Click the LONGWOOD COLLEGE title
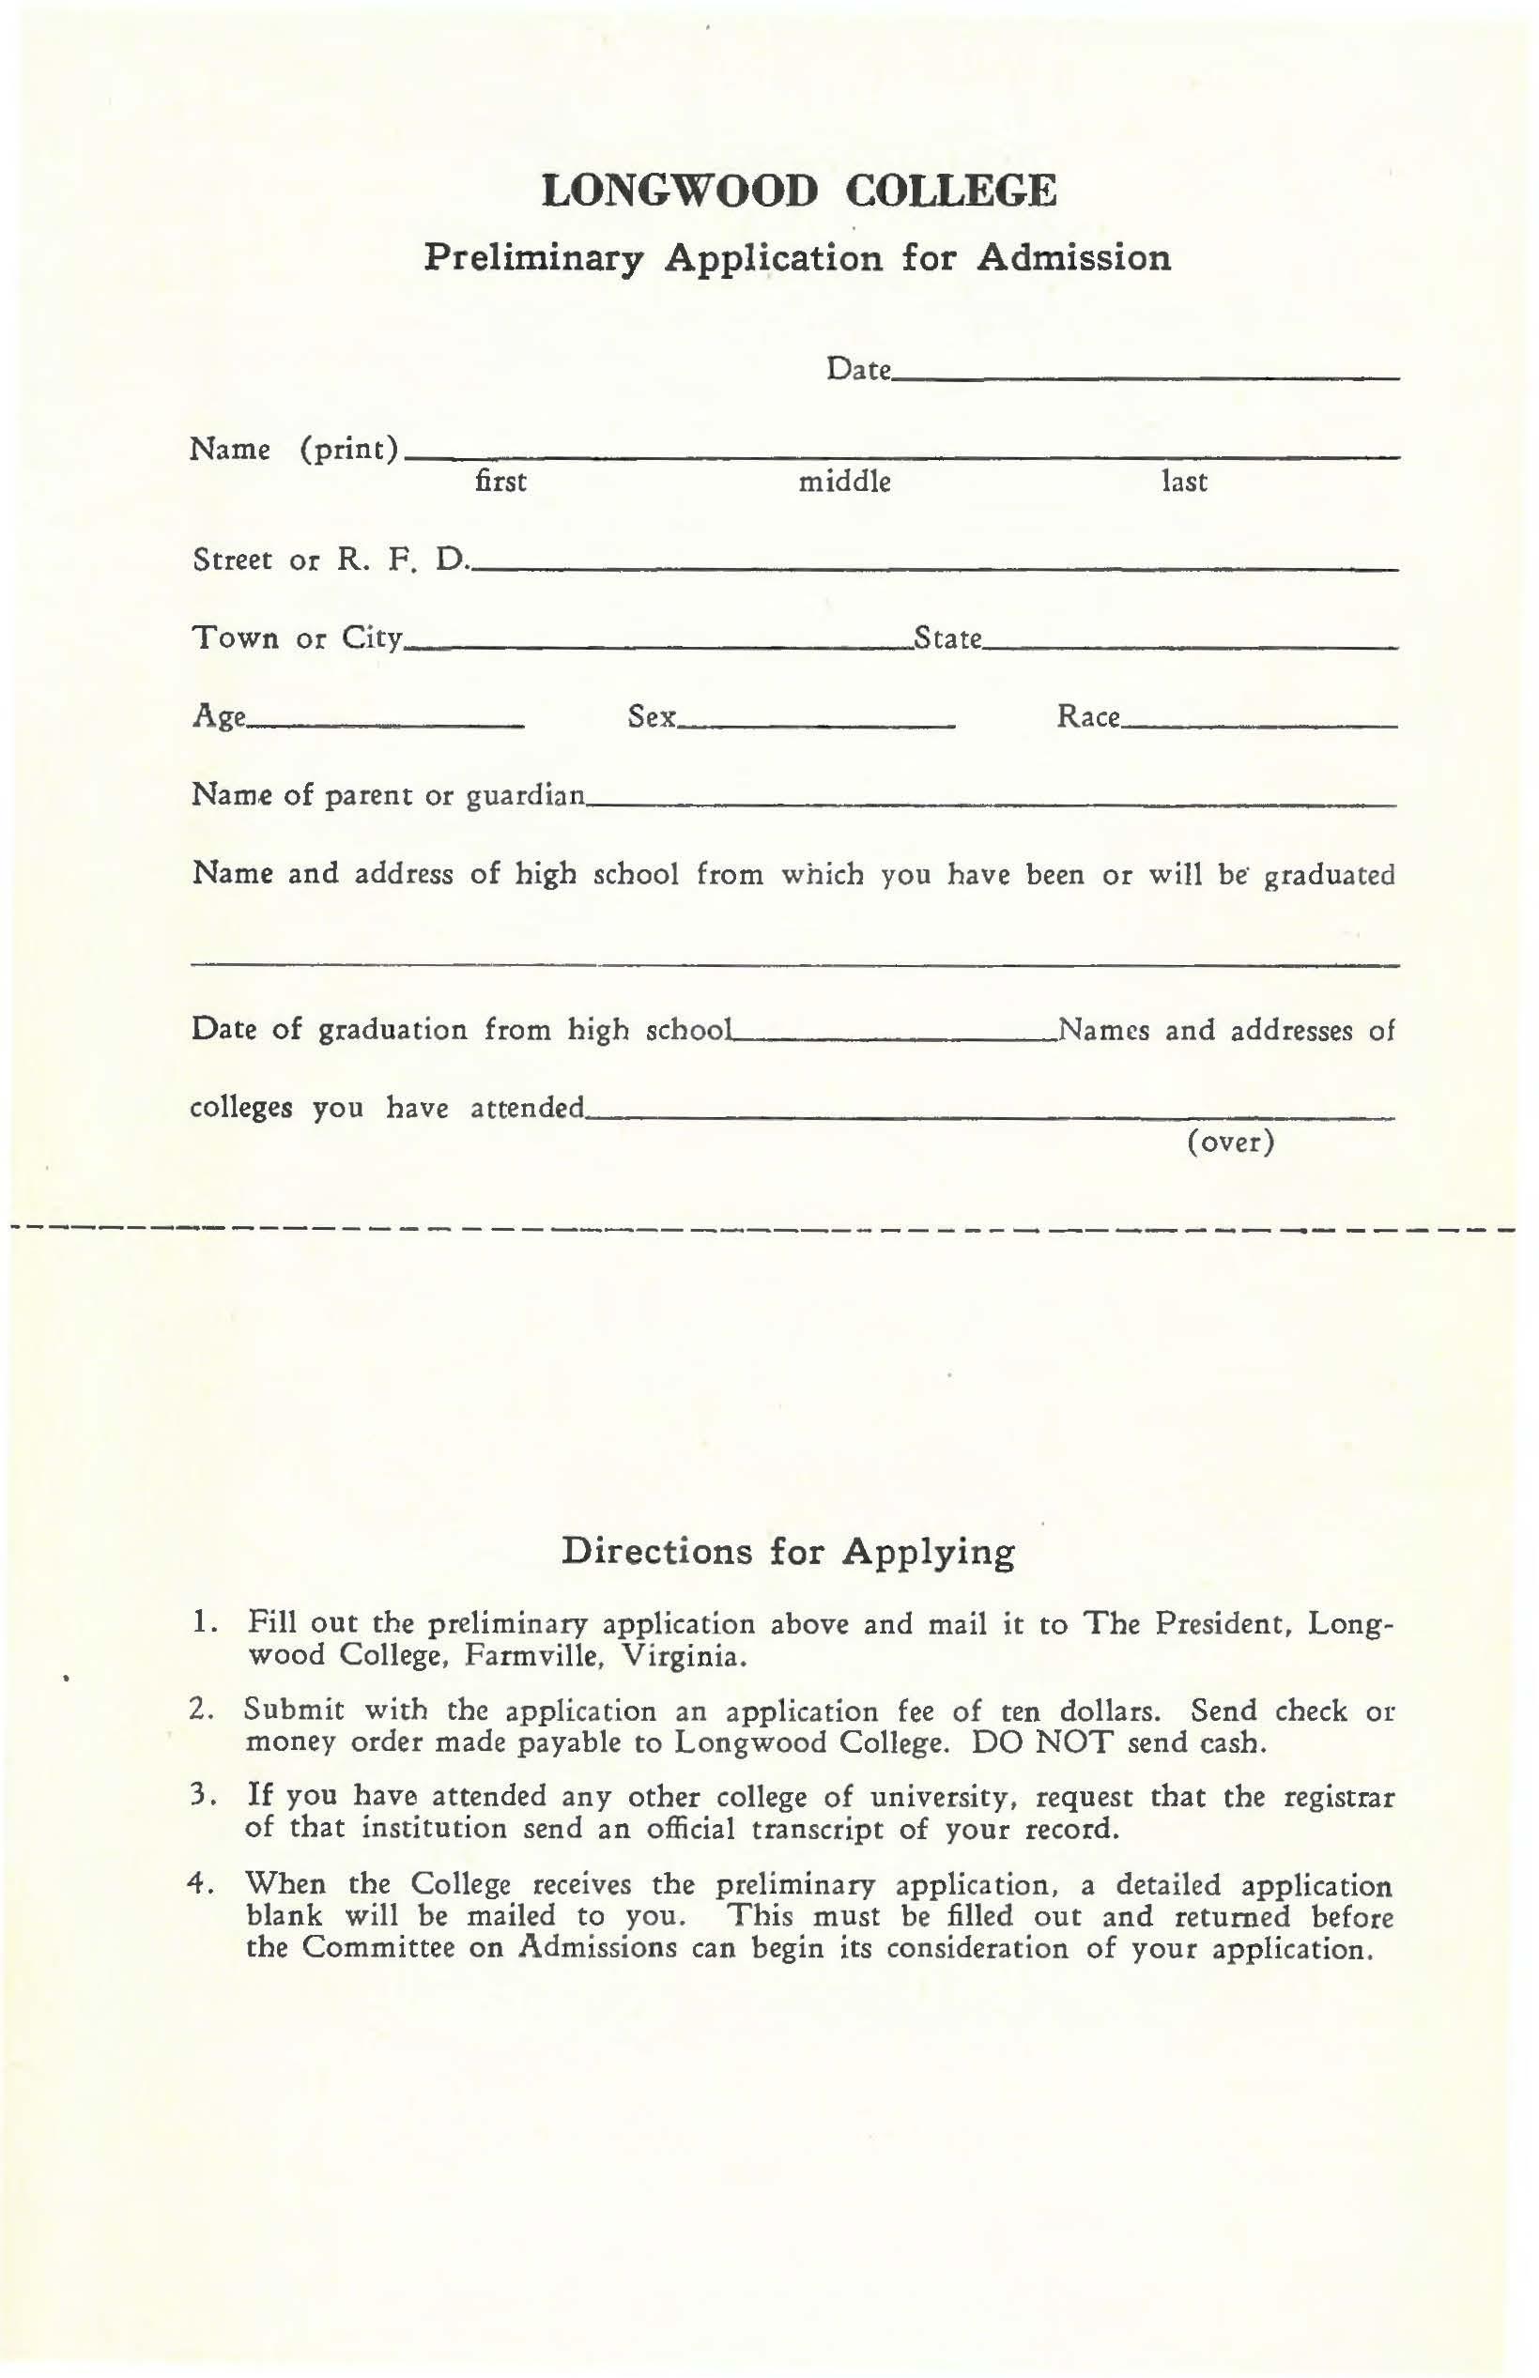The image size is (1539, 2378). coord(798,191)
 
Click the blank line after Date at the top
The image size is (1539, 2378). coord(1146,376)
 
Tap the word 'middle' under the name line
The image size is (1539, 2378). coord(844,483)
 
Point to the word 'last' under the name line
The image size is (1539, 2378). coord(1184,483)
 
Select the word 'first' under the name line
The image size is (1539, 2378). coord(500,483)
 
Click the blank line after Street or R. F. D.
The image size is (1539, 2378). coord(934,568)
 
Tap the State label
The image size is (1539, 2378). coord(948,638)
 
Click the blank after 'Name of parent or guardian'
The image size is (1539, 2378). coord(990,804)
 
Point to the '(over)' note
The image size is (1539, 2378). coord(1231,1142)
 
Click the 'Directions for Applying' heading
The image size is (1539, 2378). coord(789,1552)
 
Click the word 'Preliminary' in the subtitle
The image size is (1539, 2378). coord(532,259)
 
